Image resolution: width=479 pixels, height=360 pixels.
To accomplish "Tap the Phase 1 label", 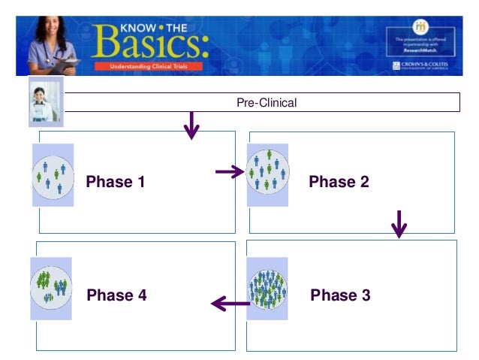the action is click(116, 181).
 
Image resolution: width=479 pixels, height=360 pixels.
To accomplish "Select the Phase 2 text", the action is click(339, 181).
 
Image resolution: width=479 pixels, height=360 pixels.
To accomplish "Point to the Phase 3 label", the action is click(340, 295).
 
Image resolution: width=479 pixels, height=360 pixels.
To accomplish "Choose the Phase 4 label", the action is click(116, 295).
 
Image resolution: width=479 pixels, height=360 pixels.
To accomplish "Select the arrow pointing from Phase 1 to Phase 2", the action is click(230, 173).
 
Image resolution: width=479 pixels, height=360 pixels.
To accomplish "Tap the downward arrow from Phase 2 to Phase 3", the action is click(399, 224).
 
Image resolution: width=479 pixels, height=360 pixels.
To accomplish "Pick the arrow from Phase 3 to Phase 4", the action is click(230, 304).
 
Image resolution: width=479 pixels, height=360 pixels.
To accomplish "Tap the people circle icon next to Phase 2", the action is click(267, 174).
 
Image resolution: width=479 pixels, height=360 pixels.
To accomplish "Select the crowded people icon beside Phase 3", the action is click(267, 288).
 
